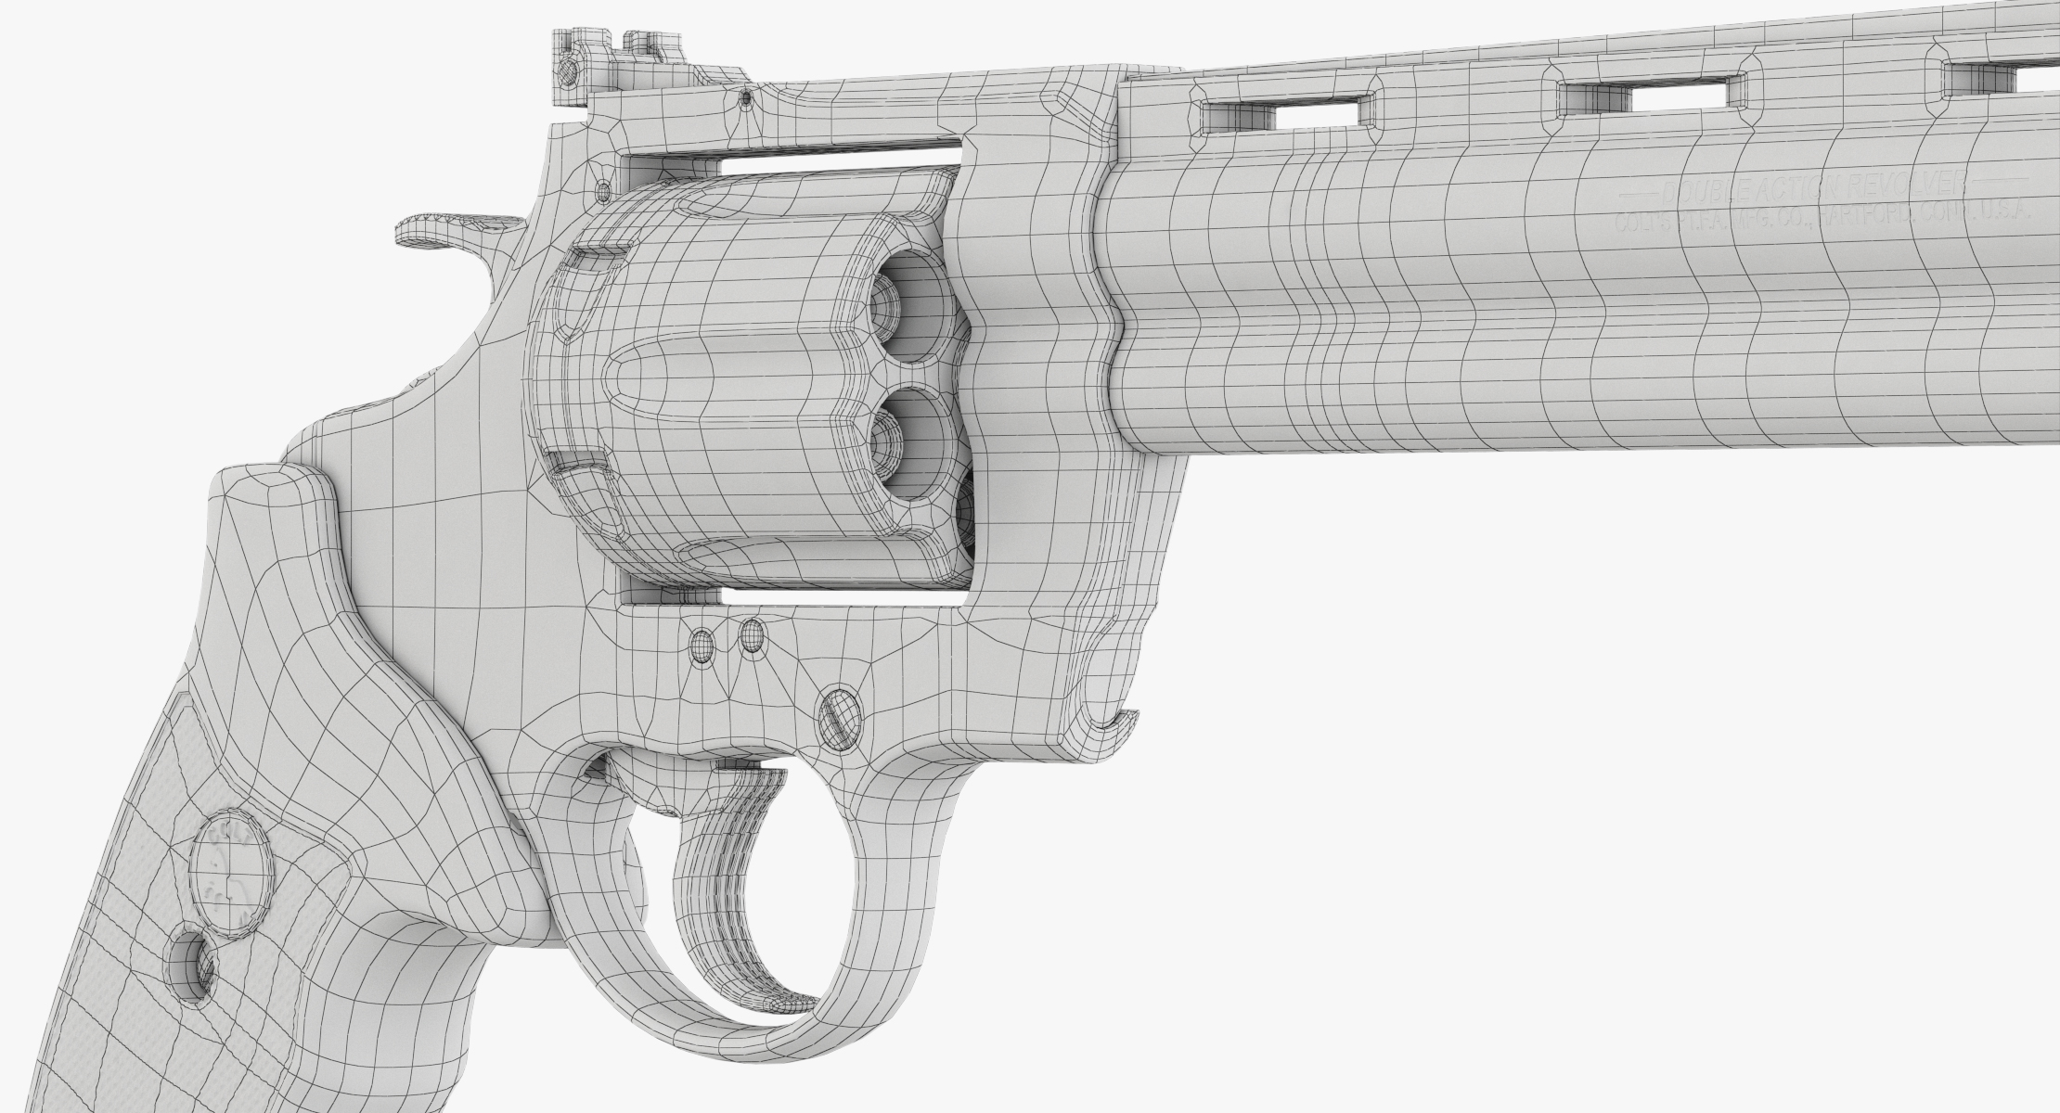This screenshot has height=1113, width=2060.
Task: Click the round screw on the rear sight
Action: pos(569,70)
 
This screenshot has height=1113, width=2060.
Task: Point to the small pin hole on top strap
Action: pos(745,96)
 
